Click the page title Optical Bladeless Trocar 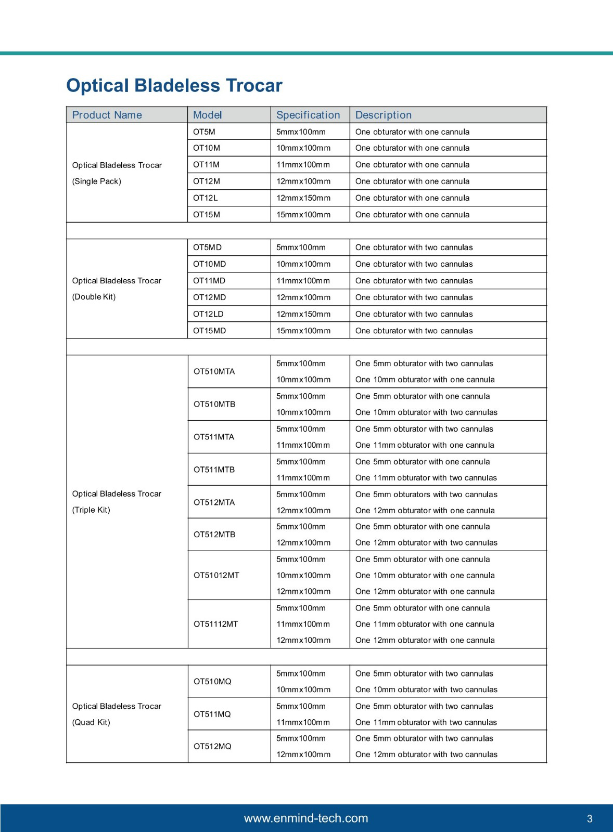(x=174, y=85)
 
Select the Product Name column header (x=107, y=115)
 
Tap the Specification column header (x=308, y=115)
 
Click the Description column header (x=383, y=115)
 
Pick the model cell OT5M (x=204, y=132)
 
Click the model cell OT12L (x=205, y=198)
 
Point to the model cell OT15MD (x=209, y=331)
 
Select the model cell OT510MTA (x=214, y=371)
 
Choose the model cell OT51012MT (x=216, y=575)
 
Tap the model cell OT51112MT (x=215, y=624)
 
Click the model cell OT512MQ (x=212, y=746)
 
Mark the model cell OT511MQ (x=212, y=714)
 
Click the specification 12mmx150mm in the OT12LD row (x=303, y=314)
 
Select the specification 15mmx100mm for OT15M (x=303, y=214)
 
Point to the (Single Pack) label (x=96, y=181)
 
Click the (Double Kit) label (x=94, y=297)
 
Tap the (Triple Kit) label (x=91, y=510)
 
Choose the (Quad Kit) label (x=91, y=722)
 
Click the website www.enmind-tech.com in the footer (x=306, y=818)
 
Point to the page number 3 (x=590, y=819)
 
